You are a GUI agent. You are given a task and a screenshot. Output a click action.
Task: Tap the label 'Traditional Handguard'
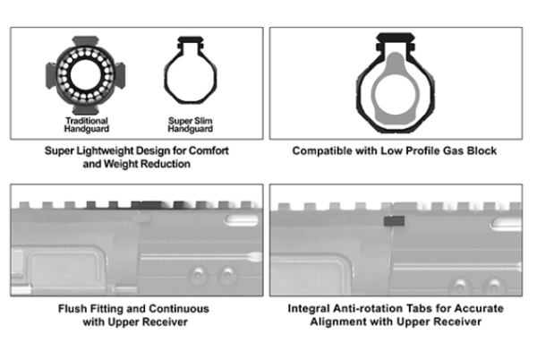[x=87, y=125]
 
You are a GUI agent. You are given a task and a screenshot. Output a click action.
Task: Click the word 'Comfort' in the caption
[x=207, y=151]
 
